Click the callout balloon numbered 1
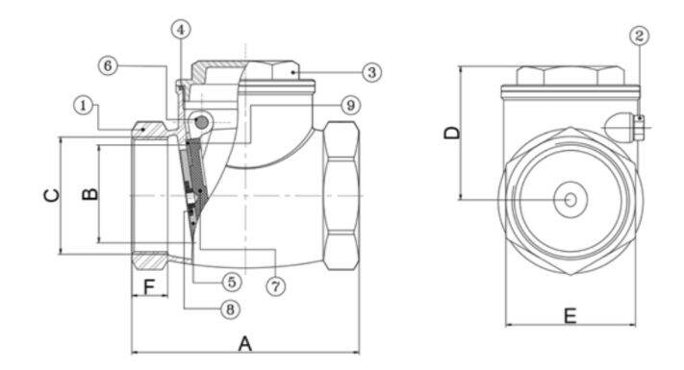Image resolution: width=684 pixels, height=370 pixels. click(84, 106)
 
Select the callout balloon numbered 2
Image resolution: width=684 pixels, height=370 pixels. click(639, 36)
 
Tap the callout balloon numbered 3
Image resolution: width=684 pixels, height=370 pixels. click(371, 72)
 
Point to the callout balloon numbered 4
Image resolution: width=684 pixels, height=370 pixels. click(181, 30)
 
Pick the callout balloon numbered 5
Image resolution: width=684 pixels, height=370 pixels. click(232, 282)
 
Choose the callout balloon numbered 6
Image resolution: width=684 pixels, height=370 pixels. click(108, 65)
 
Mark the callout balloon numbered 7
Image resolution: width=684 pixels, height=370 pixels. click(276, 286)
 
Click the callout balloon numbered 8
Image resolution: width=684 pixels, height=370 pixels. click(230, 309)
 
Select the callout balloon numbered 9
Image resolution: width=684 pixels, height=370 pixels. click(350, 105)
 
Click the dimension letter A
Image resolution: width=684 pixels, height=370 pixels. click(245, 344)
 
